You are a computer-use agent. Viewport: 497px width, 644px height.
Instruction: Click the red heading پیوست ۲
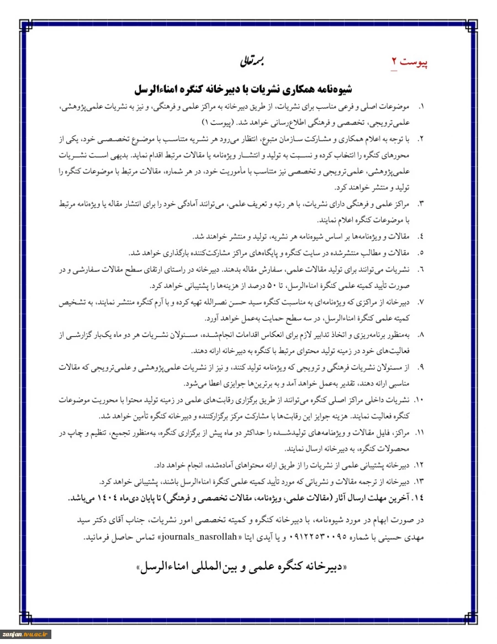point(410,61)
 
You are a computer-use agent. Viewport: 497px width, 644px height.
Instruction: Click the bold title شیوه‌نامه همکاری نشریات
point(244,89)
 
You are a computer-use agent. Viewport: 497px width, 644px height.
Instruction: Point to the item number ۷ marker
point(421,302)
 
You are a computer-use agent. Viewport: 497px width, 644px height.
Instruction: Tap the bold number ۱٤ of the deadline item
point(419,498)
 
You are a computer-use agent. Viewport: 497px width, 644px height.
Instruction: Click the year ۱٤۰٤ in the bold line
point(122,498)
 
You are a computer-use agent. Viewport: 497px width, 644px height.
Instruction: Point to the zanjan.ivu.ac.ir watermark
point(26,635)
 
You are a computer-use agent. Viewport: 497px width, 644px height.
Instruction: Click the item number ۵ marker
point(421,253)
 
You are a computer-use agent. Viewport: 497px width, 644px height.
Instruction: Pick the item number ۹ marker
point(421,367)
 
